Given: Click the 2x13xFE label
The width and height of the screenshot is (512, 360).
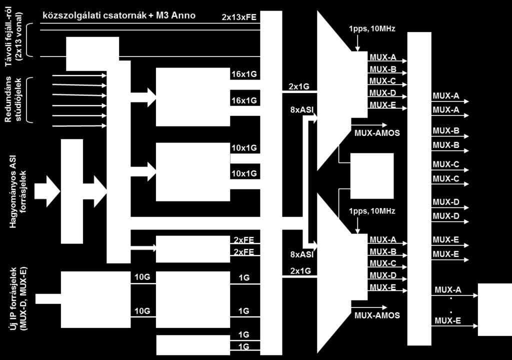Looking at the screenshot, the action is [x=239, y=17].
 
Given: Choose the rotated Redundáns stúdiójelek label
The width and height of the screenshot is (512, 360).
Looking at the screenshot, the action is [x=13, y=99].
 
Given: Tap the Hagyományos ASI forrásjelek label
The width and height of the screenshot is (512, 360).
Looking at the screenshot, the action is [x=17, y=191].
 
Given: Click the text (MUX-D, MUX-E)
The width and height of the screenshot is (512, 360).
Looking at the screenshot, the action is [x=23, y=299].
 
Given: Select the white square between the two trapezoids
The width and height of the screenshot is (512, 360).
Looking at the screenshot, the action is [x=372, y=176].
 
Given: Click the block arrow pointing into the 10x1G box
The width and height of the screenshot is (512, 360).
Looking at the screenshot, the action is [x=143, y=172].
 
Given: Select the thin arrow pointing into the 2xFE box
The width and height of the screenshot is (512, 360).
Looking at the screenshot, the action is [x=143, y=247].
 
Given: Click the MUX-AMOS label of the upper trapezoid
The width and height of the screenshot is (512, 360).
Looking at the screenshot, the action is [x=377, y=133].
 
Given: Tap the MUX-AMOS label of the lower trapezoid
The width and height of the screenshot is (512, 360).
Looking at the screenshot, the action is [x=377, y=315].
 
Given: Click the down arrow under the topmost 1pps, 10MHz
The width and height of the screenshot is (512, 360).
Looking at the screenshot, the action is [x=357, y=43].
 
